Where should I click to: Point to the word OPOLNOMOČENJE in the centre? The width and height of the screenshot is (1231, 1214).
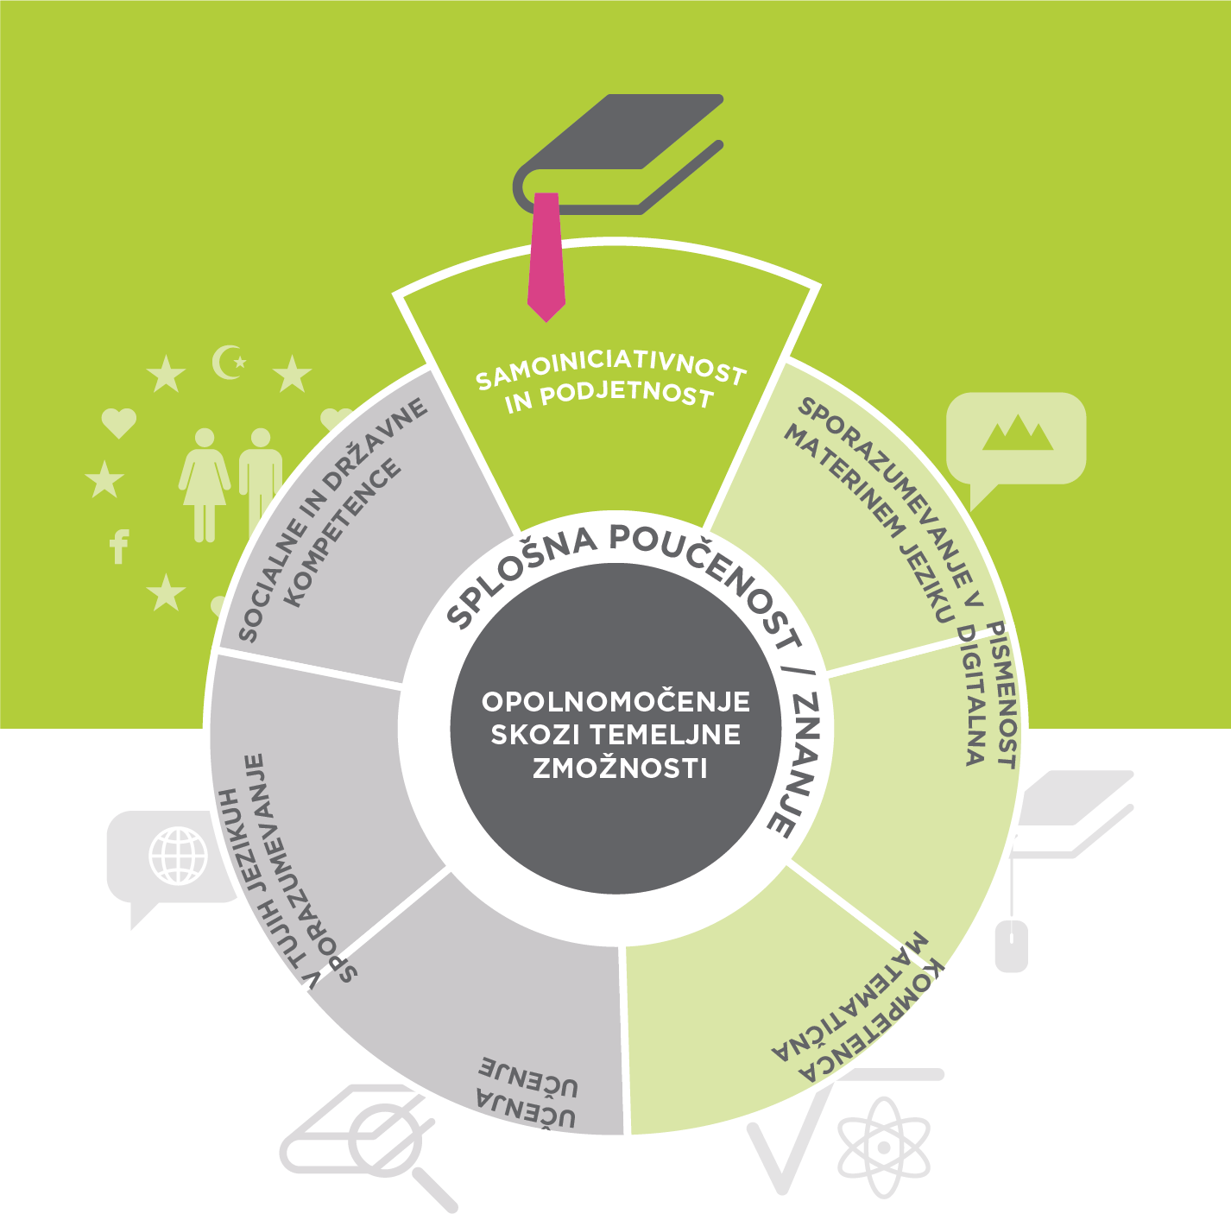[x=615, y=701]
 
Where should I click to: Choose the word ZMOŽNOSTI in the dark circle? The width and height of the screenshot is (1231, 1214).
[x=619, y=768]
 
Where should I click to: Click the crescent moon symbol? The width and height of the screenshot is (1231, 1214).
[x=229, y=362]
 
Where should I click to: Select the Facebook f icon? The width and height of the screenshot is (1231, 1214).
[x=119, y=547]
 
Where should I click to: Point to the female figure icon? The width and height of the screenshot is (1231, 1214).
[x=204, y=484]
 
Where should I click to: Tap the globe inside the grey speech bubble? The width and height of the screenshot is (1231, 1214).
[x=179, y=855]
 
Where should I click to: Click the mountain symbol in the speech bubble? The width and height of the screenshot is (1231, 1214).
[x=1018, y=433]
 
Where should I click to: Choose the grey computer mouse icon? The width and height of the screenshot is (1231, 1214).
[x=1011, y=946]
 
